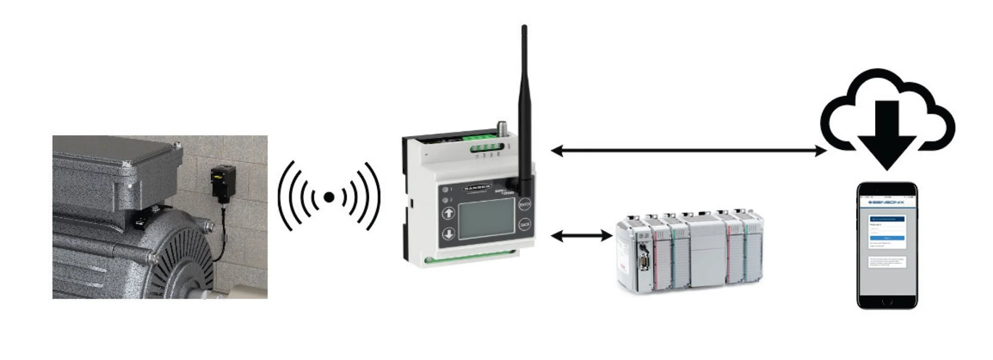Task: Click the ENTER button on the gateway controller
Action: (x=524, y=205)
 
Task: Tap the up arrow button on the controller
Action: (x=449, y=213)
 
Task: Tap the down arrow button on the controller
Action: (x=449, y=234)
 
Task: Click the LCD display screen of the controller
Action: (x=486, y=219)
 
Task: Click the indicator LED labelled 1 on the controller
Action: (x=445, y=189)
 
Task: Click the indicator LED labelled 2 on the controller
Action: (x=445, y=200)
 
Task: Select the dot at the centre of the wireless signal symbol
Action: (x=329, y=197)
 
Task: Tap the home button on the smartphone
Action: (x=887, y=302)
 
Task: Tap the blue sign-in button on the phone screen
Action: (x=887, y=238)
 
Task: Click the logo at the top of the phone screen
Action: (x=887, y=202)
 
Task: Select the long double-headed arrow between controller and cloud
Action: (x=689, y=151)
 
